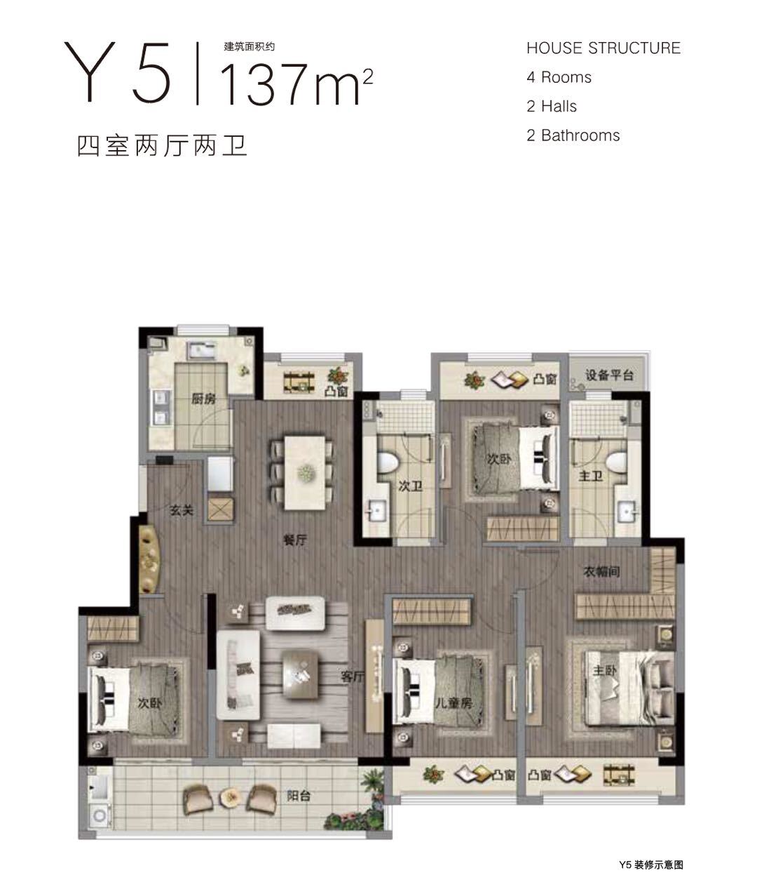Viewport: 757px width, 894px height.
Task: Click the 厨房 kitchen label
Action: tap(203, 398)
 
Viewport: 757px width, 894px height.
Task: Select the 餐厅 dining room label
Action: tap(294, 540)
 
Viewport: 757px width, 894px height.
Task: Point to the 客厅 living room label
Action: tap(352, 677)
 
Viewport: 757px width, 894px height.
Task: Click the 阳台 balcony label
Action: tap(298, 796)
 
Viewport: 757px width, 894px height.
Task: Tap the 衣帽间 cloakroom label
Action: tap(602, 572)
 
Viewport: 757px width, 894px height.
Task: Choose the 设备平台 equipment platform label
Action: tap(609, 375)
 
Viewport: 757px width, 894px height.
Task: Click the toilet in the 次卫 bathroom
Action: tap(388, 462)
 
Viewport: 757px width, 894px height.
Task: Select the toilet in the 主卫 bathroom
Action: tap(617, 462)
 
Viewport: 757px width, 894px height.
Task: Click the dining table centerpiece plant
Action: tap(306, 473)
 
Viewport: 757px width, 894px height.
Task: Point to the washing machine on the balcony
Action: tap(100, 815)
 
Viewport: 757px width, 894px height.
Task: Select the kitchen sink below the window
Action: tap(201, 350)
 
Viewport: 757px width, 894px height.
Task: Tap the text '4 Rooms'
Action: tap(559, 77)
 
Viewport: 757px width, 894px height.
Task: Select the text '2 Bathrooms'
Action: tap(573, 135)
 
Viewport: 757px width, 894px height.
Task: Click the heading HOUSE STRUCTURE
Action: tap(603, 48)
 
